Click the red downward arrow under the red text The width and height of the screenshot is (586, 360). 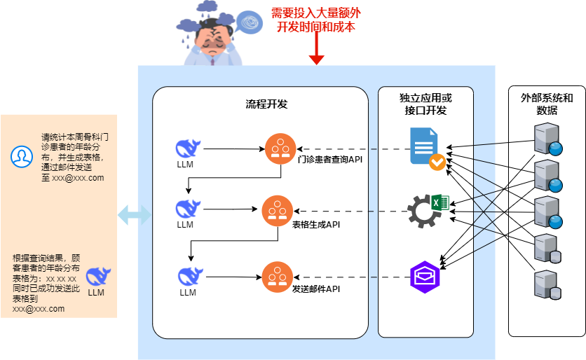click(x=316, y=51)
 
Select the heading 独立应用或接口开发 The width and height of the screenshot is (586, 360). click(x=425, y=104)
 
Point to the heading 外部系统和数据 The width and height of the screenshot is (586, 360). click(x=547, y=104)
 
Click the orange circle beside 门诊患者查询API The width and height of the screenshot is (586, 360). click(x=280, y=148)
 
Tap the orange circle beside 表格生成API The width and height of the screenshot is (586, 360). click(x=278, y=210)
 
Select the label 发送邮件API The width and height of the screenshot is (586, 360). click(x=317, y=289)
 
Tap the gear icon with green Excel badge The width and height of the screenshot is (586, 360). click(x=428, y=209)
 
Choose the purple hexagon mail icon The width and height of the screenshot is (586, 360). click(x=425, y=277)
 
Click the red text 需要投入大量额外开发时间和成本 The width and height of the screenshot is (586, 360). click(x=316, y=20)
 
